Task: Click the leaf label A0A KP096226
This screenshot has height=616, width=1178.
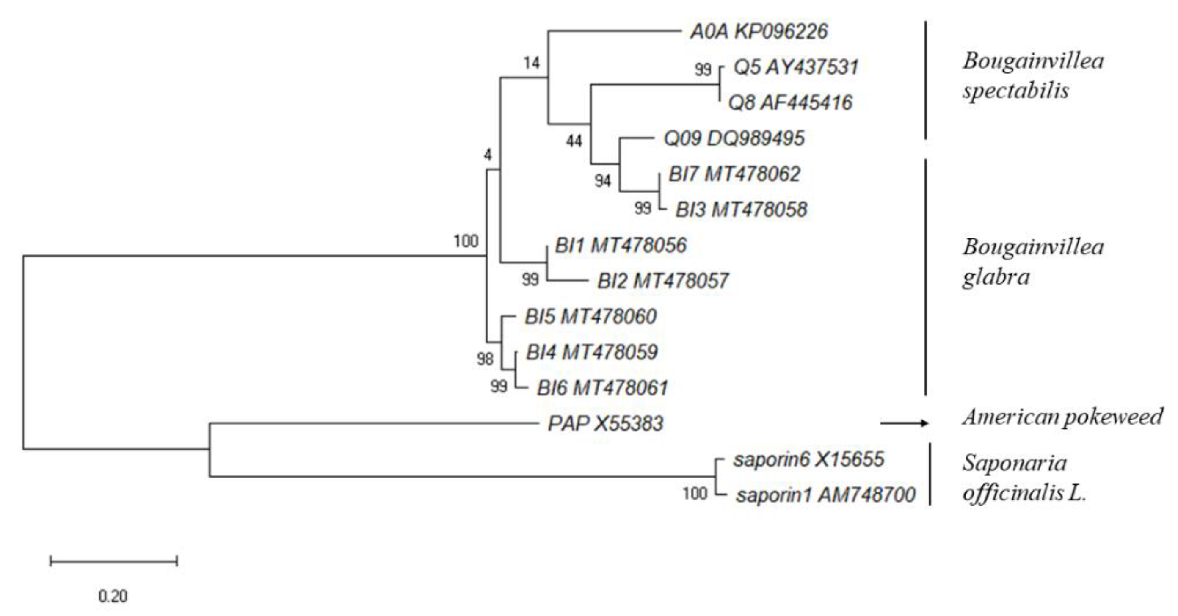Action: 759,32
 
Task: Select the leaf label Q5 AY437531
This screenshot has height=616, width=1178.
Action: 796,67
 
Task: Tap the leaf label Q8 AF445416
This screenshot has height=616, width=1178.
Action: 790,102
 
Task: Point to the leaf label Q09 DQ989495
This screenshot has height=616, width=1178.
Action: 734,138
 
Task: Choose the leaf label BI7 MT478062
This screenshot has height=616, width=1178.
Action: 734,174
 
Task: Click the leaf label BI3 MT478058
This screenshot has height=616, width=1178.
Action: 741,210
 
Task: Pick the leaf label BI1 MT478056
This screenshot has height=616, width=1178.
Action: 621,245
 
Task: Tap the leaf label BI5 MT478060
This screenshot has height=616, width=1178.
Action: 590,316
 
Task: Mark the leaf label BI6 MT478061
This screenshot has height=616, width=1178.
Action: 602,388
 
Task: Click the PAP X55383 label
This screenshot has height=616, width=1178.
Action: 605,423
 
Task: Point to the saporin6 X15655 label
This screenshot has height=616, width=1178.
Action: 808,459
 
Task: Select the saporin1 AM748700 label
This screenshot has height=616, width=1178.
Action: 825,494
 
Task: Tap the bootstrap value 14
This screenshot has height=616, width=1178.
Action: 531,63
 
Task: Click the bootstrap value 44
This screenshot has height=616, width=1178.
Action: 574,141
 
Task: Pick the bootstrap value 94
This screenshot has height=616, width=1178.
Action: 603,181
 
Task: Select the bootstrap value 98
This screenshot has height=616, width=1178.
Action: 485,359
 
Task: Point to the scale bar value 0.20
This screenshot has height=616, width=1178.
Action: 113,597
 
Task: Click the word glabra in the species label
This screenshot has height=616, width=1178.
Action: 996,277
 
